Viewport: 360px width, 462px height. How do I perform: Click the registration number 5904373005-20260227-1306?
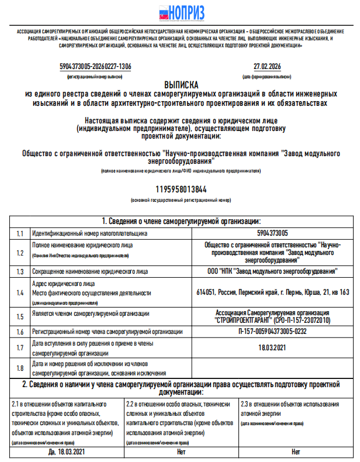coord(96,67)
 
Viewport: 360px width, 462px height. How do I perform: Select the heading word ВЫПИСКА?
coord(181,84)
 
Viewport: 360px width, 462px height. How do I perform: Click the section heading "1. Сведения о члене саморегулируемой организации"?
coord(181,220)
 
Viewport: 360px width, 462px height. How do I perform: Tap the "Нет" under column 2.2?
coord(181,452)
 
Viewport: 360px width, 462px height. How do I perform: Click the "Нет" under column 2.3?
coord(296,452)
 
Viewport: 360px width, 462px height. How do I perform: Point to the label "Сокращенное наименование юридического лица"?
coord(90,271)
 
